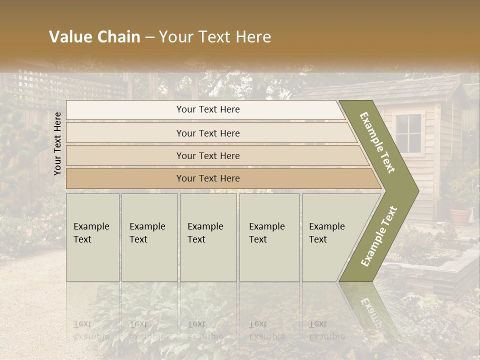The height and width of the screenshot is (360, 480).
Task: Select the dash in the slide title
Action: pos(149,37)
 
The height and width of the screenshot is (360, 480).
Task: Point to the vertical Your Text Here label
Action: pos(57,143)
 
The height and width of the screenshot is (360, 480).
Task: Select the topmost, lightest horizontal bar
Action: pos(205,110)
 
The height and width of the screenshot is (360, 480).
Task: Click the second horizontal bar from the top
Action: pos(210,133)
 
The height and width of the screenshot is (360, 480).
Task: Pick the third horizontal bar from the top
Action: pos(215,155)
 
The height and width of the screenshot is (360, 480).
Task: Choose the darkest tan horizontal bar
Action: pos(220,178)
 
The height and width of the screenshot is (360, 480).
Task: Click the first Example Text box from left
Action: pos(92,237)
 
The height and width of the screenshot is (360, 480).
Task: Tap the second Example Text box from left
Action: pos(149,237)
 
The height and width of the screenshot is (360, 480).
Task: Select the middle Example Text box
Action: pos(208,237)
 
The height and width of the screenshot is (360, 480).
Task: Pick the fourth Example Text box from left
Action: pos(269,237)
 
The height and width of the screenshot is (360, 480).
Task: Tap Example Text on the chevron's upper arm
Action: pos(378,142)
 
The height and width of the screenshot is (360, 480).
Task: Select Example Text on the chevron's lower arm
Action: pos(379,236)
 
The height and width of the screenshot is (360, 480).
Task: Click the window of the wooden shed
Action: pos(408,133)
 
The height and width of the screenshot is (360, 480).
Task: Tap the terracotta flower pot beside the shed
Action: pos(460,216)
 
